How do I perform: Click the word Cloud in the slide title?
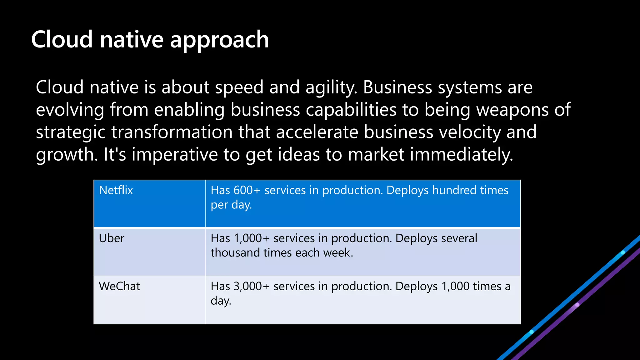click(62, 40)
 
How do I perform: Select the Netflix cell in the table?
click(116, 190)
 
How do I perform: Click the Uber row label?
click(111, 238)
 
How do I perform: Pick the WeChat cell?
click(119, 286)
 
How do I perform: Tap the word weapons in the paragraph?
click(512, 110)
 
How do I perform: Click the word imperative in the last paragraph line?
click(174, 155)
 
